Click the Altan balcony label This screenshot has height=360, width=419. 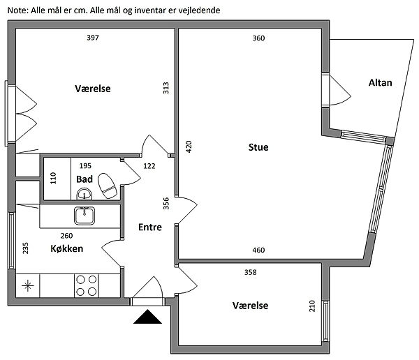[380, 82]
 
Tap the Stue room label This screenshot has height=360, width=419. [258, 147]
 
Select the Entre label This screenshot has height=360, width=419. [150, 227]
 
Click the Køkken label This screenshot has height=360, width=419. [68, 249]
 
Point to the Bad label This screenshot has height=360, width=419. [84, 179]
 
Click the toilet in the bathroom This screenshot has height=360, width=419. [107, 186]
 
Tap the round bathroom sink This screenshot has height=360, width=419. [84, 194]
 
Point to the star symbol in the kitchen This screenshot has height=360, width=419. [28, 285]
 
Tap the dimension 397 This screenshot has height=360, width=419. [93, 38]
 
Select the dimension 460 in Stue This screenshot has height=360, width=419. [258, 250]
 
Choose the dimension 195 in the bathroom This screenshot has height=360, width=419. [85, 166]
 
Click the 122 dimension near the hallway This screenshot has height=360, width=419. [149, 166]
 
